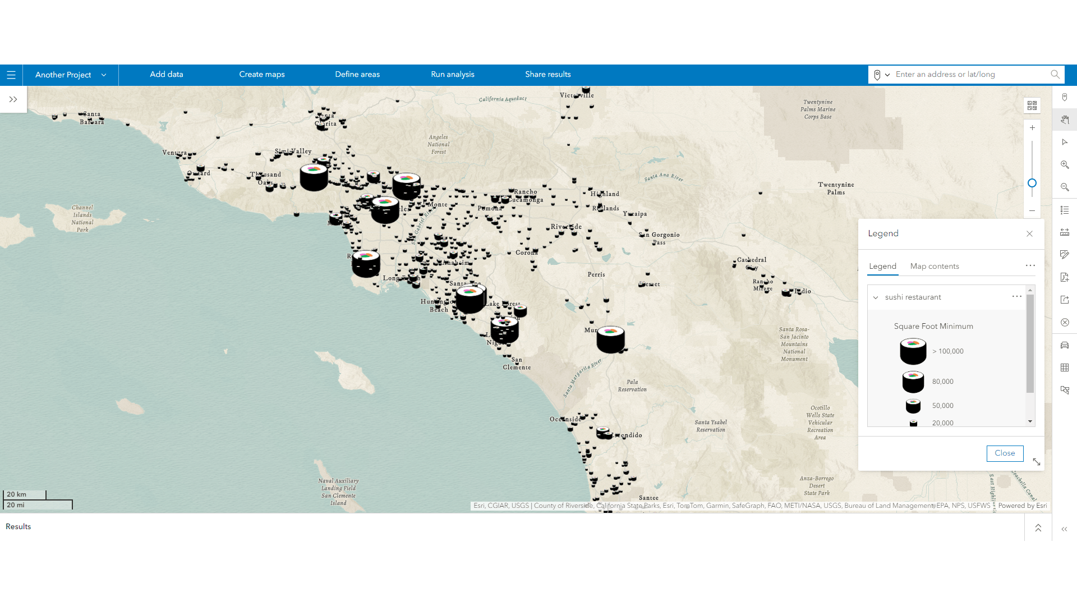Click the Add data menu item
[167, 75]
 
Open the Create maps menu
[262, 75]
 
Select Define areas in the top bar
[357, 75]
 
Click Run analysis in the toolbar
[453, 75]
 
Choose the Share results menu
[548, 75]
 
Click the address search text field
[970, 75]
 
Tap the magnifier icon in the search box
[1055, 75]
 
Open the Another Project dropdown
[71, 75]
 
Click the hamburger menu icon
[11, 75]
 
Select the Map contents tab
[935, 267]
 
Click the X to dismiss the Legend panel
[1029, 234]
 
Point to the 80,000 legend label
[942, 382]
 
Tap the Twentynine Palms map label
[836, 189]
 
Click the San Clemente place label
[517, 364]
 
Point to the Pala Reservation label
[632, 385]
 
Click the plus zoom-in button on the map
[1032, 128]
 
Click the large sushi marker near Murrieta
[610, 339]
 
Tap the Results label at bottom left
[19, 527]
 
